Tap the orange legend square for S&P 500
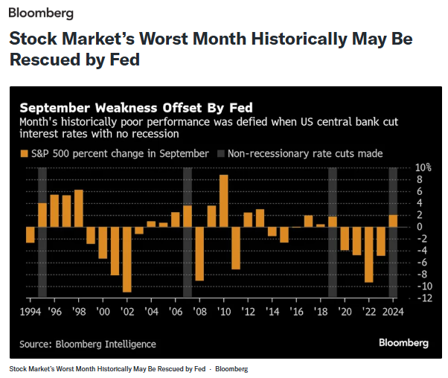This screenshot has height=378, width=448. [x=24, y=153]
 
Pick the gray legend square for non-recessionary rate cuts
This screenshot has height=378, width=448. [x=221, y=153]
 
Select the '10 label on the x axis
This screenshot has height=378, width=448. [x=223, y=311]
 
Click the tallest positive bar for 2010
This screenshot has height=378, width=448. [x=223, y=200]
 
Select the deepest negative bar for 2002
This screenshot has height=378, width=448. [x=127, y=259]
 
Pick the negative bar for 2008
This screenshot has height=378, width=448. [x=199, y=253]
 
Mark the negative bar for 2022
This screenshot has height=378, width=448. [x=368, y=254]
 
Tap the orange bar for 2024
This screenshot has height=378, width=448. [x=393, y=220]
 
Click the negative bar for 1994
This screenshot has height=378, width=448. [x=30, y=234]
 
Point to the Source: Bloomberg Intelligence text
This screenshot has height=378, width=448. [x=88, y=344]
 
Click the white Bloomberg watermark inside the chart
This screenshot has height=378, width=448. [x=403, y=343]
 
